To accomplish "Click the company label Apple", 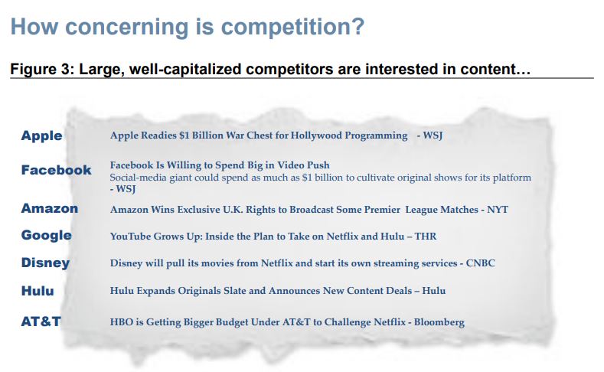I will tap(41, 135).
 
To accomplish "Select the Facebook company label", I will tap(56, 170).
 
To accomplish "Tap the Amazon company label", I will tap(49, 208).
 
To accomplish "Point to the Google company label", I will tap(47, 235).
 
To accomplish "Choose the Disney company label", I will tap(45, 263).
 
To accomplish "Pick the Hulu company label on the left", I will tap(38, 290).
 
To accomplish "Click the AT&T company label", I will tap(41, 321).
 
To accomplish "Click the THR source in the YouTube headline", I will tap(426, 237).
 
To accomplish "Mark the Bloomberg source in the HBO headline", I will tap(439, 322).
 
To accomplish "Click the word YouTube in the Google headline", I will tap(132, 237).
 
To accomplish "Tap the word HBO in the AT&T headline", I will tap(122, 322).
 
